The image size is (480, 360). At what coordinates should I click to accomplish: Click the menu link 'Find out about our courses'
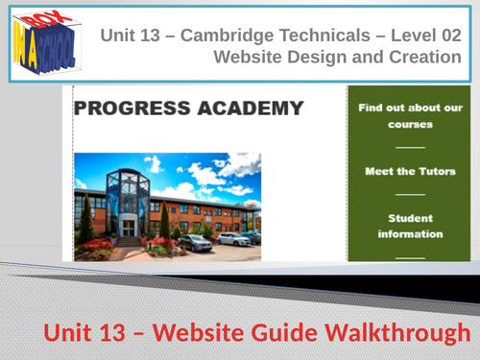397,116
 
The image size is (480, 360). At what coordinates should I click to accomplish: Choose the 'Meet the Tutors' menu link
397,171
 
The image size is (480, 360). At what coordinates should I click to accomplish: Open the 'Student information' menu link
397,226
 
